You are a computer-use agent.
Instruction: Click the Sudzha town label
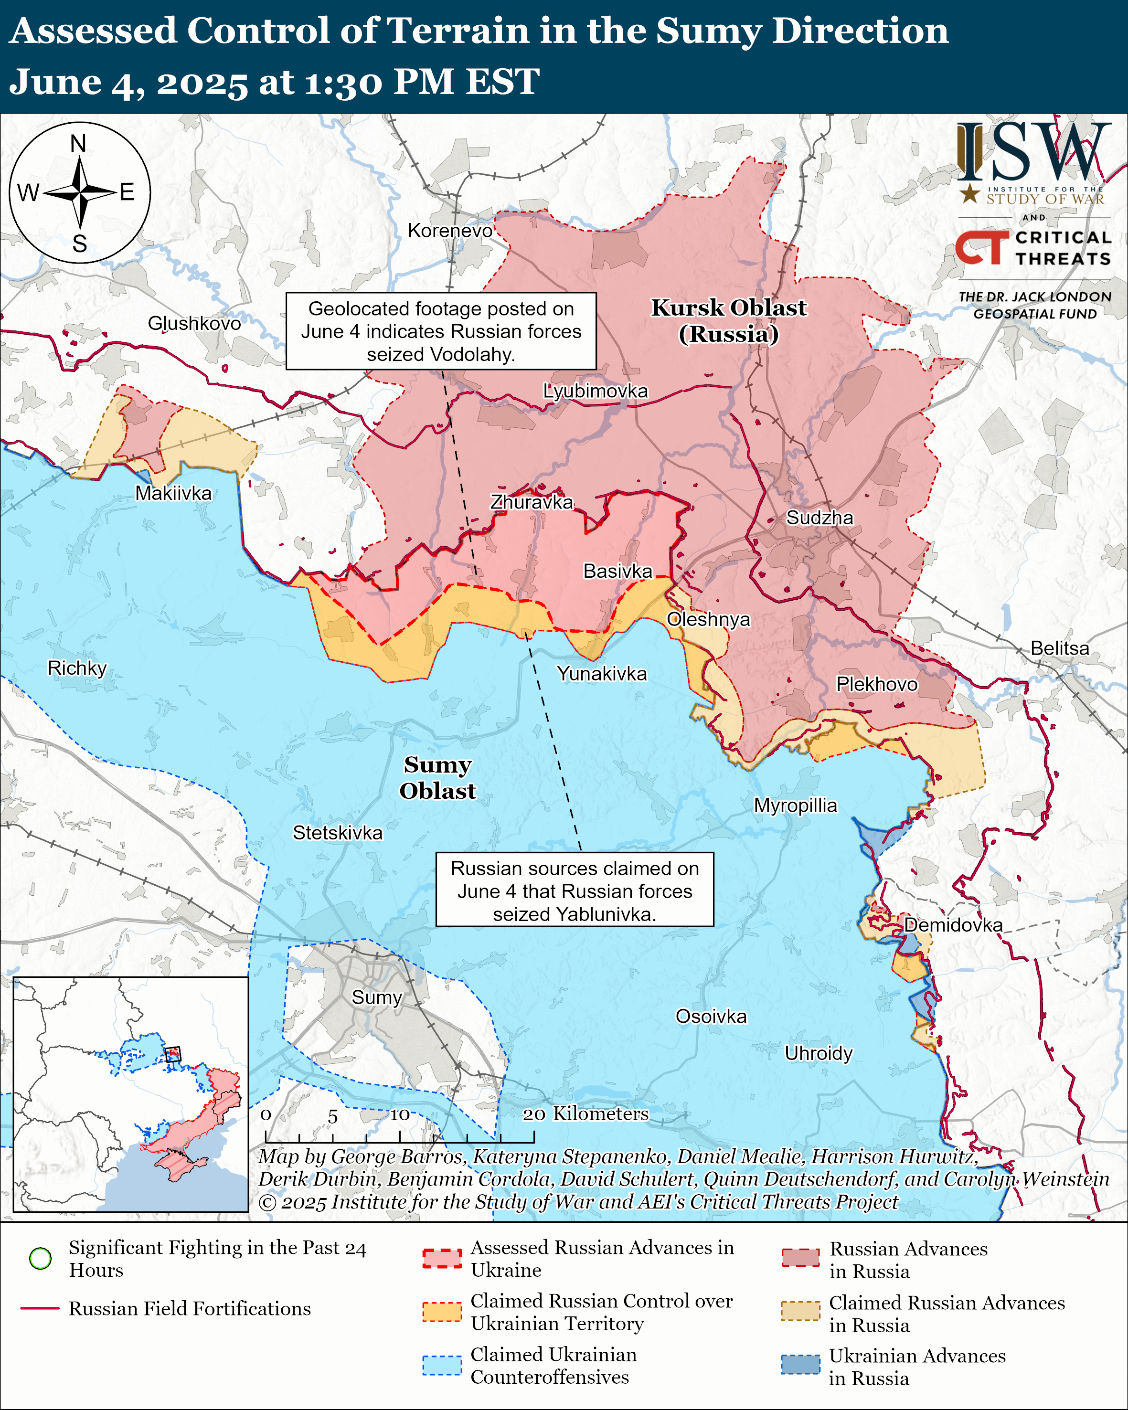click(819, 518)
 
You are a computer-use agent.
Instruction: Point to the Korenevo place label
click(450, 231)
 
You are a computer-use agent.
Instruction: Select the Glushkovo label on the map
click(194, 323)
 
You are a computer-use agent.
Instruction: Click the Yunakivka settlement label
click(602, 674)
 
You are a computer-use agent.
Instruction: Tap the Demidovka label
click(953, 925)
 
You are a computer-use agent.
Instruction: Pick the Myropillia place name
click(795, 805)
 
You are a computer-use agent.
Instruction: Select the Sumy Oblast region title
click(437, 778)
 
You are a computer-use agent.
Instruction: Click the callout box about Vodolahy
click(441, 331)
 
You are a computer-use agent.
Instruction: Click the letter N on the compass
click(78, 143)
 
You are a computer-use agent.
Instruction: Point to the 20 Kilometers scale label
click(585, 1114)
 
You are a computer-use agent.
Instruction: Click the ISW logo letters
click(1033, 154)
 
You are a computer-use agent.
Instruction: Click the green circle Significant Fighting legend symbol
click(41, 1258)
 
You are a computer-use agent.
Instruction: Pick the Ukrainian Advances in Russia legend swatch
click(800, 1364)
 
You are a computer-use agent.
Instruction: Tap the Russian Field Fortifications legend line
click(40, 1309)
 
